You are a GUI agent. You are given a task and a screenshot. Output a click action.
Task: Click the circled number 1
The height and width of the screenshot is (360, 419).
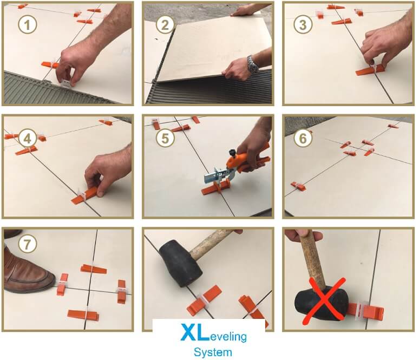pyautogui.click(x=27, y=24)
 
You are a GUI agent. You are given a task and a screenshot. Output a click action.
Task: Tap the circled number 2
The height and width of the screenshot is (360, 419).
pyautogui.click(x=165, y=24)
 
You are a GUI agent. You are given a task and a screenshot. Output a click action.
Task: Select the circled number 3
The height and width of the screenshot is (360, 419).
pyautogui.click(x=303, y=24)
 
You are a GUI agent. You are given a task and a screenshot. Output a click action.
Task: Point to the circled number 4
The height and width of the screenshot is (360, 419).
pyautogui.click(x=27, y=138)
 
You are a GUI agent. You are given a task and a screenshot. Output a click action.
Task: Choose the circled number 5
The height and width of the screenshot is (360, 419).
pyautogui.click(x=165, y=138)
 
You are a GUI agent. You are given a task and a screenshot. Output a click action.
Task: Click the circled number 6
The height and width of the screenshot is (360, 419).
pyautogui.click(x=303, y=138)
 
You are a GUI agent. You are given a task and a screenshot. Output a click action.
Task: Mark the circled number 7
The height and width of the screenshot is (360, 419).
pyautogui.click(x=27, y=244)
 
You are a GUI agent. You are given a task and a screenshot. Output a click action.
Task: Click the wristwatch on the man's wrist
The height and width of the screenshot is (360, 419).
pyautogui.click(x=253, y=64)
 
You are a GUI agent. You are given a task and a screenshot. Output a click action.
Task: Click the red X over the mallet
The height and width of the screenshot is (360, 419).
pyautogui.click(x=324, y=301)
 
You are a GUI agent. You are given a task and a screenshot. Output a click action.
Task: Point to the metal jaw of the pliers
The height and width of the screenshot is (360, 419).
pyautogui.click(x=217, y=176)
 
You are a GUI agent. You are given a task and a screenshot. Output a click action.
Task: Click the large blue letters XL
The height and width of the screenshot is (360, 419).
pyautogui.click(x=194, y=332)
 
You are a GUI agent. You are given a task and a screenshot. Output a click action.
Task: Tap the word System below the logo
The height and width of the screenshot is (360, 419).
pyautogui.click(x=213, y=352)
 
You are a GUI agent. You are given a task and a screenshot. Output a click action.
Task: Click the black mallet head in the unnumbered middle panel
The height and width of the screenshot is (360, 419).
pyautogui.click(x=180, y=263)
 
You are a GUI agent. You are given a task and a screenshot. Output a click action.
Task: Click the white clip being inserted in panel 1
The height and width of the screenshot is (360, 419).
pyautogui.click(x=65, y=83)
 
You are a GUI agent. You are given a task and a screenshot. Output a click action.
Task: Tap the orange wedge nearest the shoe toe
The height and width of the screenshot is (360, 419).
pyautogui.click(x=62, y=284)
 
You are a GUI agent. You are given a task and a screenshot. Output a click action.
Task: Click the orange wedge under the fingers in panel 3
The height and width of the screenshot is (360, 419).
pyautogui.click(x=371, y=70)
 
